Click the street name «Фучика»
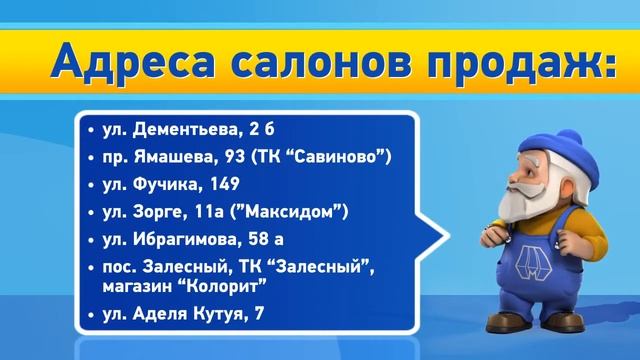coord(160,186)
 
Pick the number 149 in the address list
coord(218,186)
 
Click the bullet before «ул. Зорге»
coord(91,213)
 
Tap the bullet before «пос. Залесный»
coord(91,268)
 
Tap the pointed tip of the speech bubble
coord(440,239)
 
